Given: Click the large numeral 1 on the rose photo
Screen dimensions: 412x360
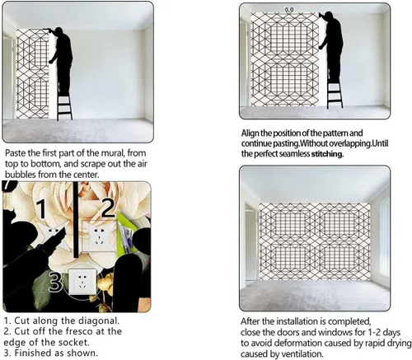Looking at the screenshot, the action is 42,209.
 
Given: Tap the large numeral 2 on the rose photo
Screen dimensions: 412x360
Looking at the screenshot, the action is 109,208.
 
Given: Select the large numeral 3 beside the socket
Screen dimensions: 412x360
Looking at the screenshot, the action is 55,283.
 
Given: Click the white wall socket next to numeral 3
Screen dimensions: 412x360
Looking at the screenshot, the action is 82,282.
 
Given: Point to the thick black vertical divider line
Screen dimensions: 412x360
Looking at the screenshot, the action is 76,219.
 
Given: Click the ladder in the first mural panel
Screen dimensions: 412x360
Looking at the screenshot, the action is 64,102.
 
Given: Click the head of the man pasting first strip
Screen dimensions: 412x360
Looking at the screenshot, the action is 59,30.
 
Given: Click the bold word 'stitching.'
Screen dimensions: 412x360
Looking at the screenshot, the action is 327,154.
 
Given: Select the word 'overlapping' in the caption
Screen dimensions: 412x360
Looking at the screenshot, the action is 349,143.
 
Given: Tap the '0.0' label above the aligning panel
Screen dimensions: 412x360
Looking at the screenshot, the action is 289,10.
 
